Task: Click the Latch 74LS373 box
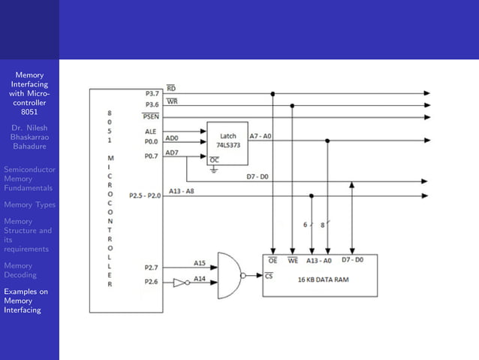tap(227, 141)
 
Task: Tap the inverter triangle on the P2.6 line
tap(179, 283)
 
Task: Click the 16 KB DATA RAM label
tap(319, 280)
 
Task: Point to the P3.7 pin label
tap(152, 93)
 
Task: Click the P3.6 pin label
tap(152, 105)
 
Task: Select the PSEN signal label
tap(150, 116)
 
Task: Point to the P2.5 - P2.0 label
tap(144, 195)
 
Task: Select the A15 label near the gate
tap(200, 263)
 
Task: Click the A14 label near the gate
tap(200, 278)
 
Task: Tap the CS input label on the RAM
tap(270, 275)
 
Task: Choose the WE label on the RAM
tap(293, 260)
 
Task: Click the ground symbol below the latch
tap(212, 171)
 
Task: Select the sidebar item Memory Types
tap(29, 204)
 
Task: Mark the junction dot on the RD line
tap(273, 94)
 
